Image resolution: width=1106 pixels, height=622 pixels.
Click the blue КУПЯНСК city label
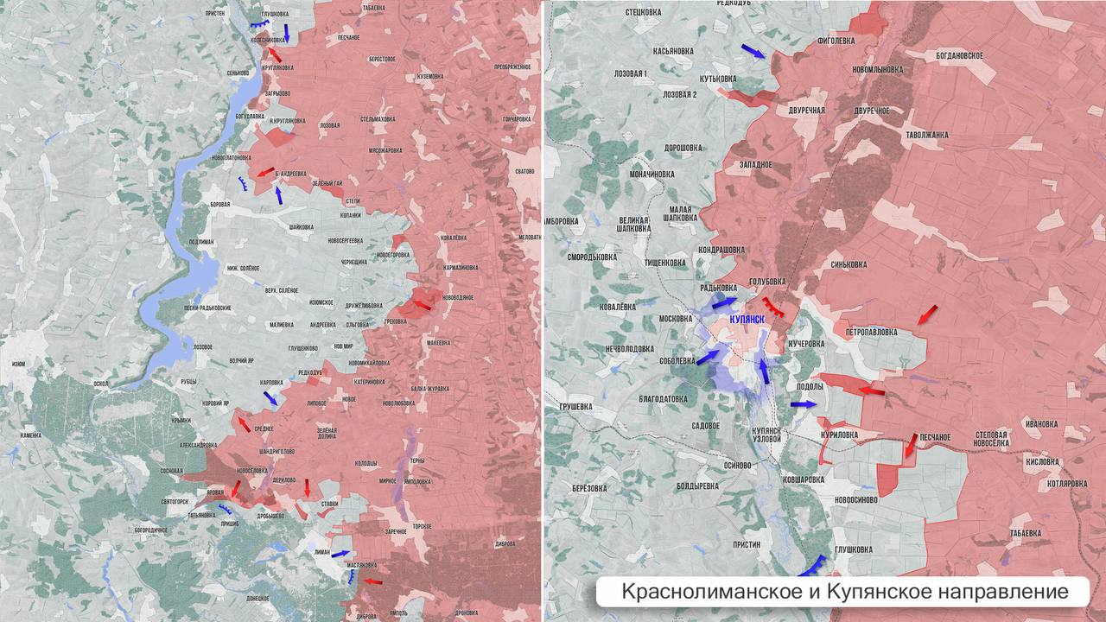747,320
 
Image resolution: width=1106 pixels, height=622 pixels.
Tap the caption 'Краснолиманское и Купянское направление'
844,592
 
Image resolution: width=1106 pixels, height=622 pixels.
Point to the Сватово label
524,171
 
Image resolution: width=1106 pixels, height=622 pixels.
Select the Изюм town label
18,365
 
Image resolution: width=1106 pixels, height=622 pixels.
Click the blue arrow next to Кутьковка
753,52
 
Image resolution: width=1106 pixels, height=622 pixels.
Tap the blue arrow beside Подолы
802,403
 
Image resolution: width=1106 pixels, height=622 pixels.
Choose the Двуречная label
806,111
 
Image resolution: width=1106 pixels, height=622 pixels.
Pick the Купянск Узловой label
766,435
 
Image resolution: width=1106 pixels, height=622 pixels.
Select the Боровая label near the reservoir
220,204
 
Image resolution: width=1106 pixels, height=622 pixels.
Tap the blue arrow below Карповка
270,397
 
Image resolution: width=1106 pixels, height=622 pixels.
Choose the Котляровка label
1066,484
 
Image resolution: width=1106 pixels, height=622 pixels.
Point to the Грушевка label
575,406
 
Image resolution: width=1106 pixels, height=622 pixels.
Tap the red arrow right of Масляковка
372,581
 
